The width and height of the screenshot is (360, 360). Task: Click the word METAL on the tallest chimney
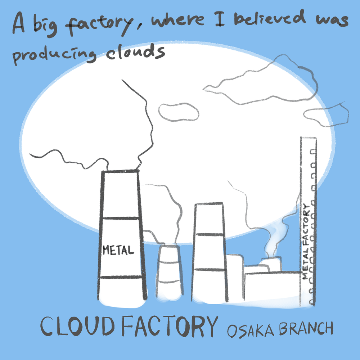point(118,249)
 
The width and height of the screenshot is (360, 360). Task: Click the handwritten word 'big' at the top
point(47,25)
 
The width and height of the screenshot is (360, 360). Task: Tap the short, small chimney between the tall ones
point(168,272)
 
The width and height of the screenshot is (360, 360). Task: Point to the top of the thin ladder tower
point(309,138)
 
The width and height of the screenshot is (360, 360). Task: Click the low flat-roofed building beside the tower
point(272,286)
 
